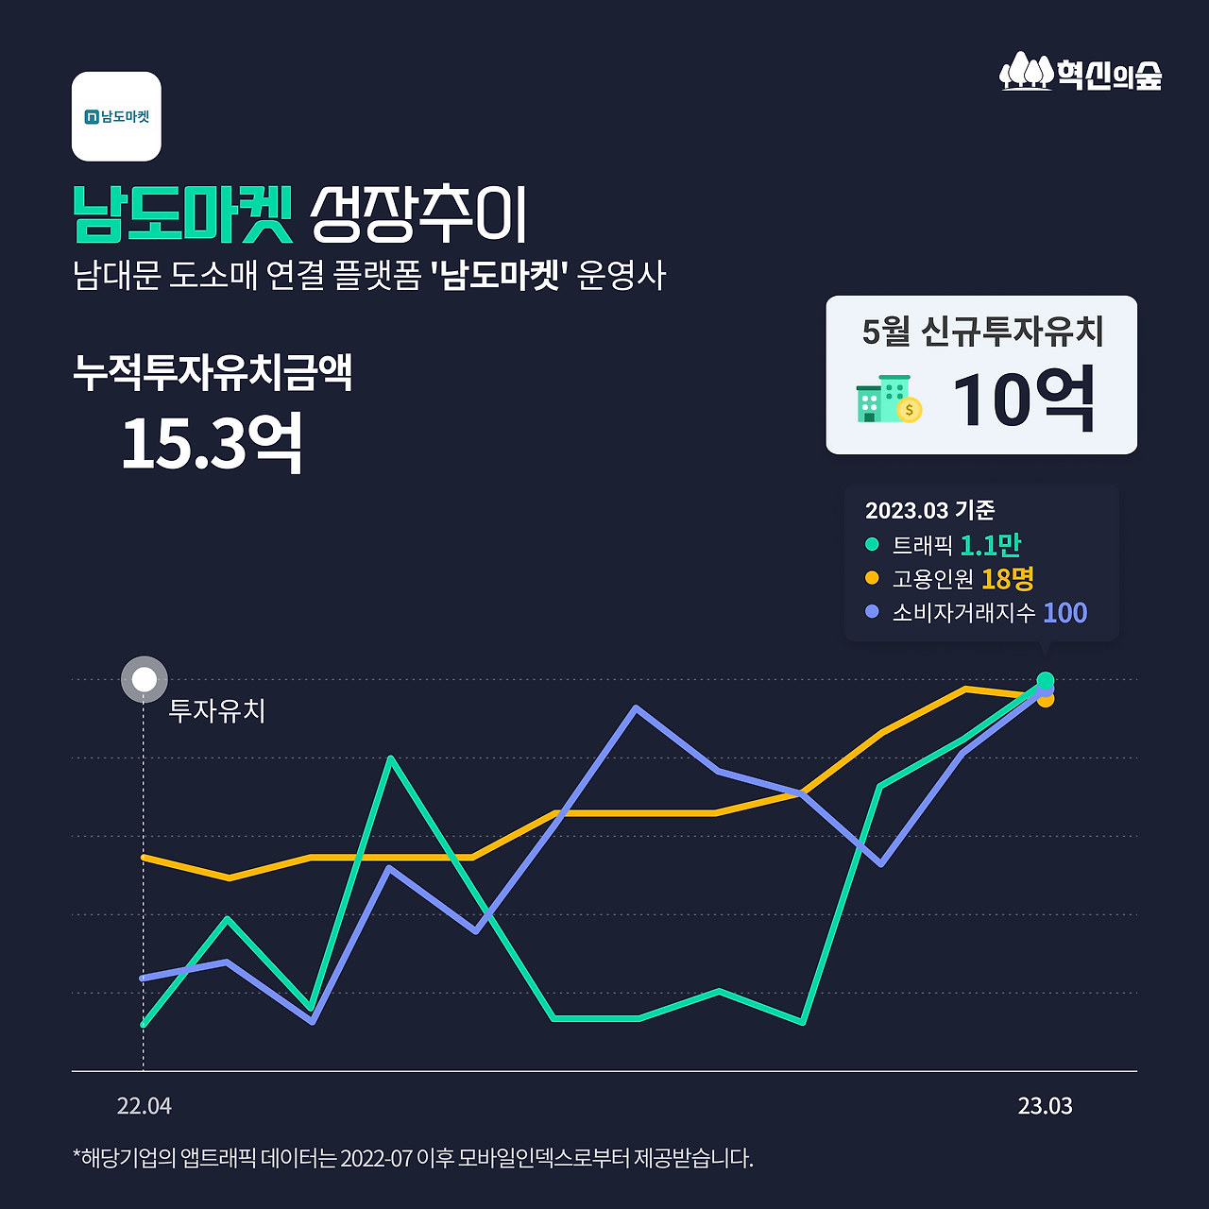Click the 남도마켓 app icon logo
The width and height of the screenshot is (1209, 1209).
(116, 116)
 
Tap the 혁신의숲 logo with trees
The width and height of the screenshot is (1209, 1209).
(1081, 73)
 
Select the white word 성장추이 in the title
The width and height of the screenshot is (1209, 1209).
(418, 213)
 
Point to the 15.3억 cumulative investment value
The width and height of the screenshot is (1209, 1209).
(212, 443)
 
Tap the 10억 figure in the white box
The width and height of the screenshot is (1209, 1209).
(1024, 400)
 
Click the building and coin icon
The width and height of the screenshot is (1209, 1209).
(888, 400)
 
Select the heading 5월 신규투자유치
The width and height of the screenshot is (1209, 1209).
(982, 332)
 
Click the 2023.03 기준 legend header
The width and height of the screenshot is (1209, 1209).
(929, 510)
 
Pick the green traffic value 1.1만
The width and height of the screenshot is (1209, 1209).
(990, 545)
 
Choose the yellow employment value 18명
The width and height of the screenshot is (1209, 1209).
(1007, 578)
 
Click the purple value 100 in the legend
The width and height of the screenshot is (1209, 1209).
(1064, 613)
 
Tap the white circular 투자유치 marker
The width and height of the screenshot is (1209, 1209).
(145, 679)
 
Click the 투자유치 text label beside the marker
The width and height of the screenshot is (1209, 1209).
(216, 710)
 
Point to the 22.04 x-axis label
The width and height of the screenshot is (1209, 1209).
(144, 1106)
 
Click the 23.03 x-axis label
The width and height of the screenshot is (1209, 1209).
(1045, 1106)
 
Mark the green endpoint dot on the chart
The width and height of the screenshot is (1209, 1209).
(1045, 679)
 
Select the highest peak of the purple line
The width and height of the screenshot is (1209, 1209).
(637, 707)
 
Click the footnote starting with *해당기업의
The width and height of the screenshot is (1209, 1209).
(413, 1158)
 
